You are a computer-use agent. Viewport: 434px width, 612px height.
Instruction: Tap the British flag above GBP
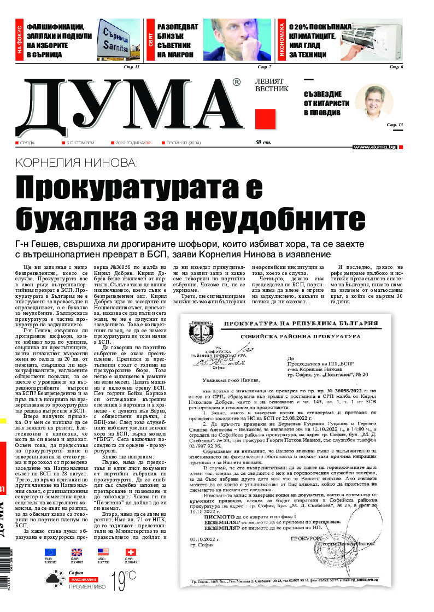77,552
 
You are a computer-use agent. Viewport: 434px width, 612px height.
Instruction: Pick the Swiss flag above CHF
130,552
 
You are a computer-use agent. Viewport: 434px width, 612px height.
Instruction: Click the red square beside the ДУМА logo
265,119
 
